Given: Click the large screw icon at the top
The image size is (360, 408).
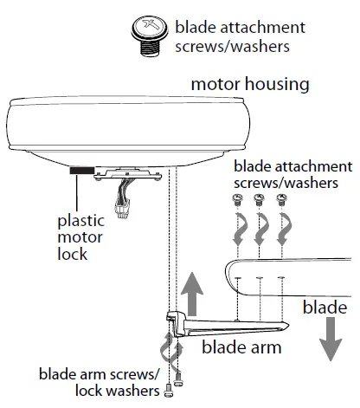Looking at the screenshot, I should click(147, 38).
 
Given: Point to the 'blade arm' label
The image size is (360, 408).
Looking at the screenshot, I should click(235, 348).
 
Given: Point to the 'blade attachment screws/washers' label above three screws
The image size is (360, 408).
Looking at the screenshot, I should click(292, 174).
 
